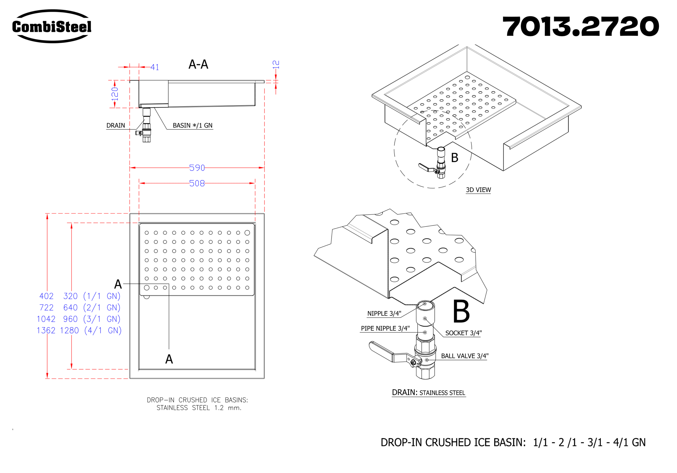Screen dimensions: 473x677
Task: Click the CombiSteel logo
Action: click(52, 26)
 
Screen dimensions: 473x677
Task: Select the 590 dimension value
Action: click(197, 168)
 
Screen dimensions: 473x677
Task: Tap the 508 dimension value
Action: click(197, 183)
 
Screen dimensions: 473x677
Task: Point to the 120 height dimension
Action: click(115, 94)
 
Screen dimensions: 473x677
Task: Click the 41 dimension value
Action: click(155, 67)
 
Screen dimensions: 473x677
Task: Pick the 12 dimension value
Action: click(276, 65)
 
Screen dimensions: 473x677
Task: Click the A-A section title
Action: click(198, 64)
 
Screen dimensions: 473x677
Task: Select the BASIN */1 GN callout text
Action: click(193, 126)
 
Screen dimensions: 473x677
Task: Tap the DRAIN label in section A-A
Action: click(116, 126)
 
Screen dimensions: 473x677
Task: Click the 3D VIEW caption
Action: click(478, 190)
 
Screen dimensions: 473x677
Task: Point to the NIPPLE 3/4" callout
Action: click(384, 314)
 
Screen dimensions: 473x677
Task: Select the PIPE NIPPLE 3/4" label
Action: click(385, 328)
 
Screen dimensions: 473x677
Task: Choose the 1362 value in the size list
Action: click(46, 331)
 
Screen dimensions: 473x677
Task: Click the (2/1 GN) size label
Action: click(102, 308)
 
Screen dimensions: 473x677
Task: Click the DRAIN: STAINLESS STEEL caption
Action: click(428, 393)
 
